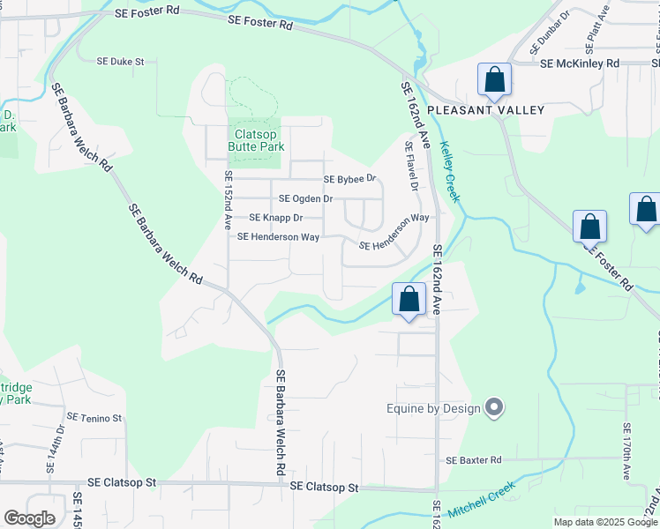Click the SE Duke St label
pos(120,63)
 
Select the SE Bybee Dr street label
pos(349,179)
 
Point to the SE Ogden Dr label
pos(305,199)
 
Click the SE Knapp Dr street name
pos(275,218)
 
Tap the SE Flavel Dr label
pos(410,167)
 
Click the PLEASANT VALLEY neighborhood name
pos(485,110)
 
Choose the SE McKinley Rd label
pos(580,63)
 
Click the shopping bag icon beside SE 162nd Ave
pos(409,299)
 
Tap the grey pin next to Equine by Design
pos(494,407)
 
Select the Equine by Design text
pos(433,408)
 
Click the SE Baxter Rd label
pos(473,460)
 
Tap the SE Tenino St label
pos(94,417)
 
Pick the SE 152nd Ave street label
pos(228,201)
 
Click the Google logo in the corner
pos(29,518)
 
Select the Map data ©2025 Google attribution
pos(604,522)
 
